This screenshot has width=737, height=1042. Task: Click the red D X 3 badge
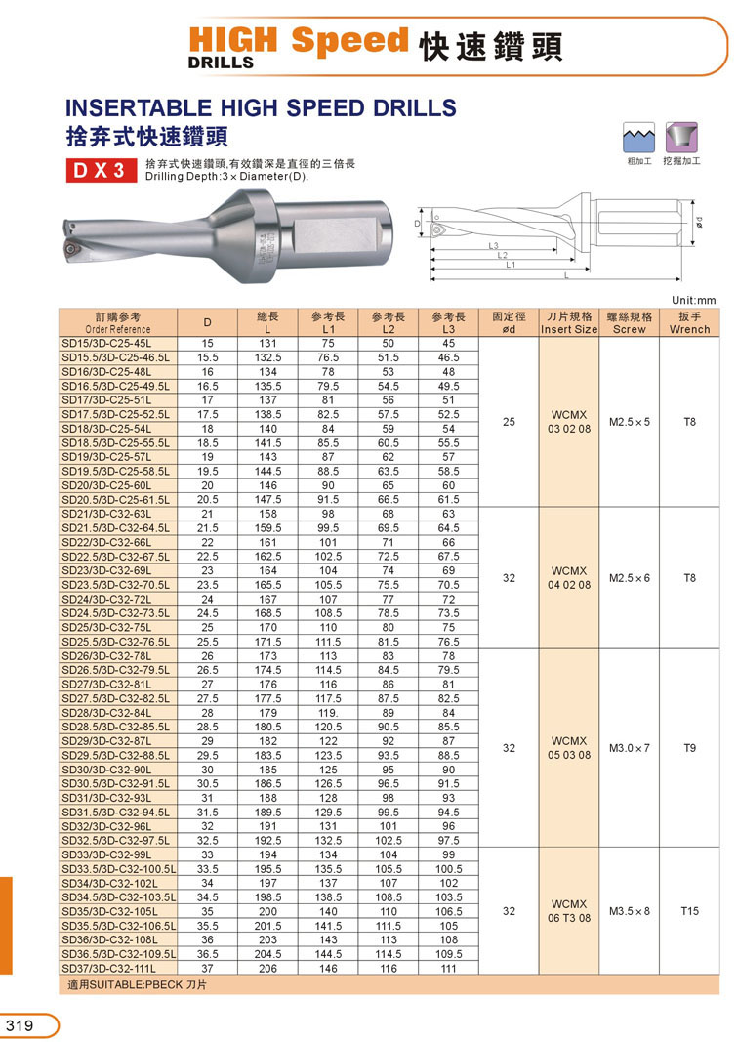point(101,170)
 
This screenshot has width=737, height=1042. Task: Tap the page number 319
point(20,1025)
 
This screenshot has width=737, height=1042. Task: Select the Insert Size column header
point(569,323)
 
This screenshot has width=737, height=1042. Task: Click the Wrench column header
point(689,323)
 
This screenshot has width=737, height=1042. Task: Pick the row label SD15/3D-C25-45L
point(107,344)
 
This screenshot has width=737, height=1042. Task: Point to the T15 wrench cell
point(689,910)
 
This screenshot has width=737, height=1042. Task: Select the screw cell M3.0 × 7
point(630,748)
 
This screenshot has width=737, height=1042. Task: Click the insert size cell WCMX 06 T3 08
point(569,910)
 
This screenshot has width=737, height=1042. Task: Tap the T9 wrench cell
point(689,748)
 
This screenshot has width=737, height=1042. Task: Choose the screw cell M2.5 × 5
point(630,422)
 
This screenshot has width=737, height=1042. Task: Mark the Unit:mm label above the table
point(694,300)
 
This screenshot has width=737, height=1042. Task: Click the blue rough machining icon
point(637,136)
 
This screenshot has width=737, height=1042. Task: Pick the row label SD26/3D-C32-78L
point(107,656)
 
